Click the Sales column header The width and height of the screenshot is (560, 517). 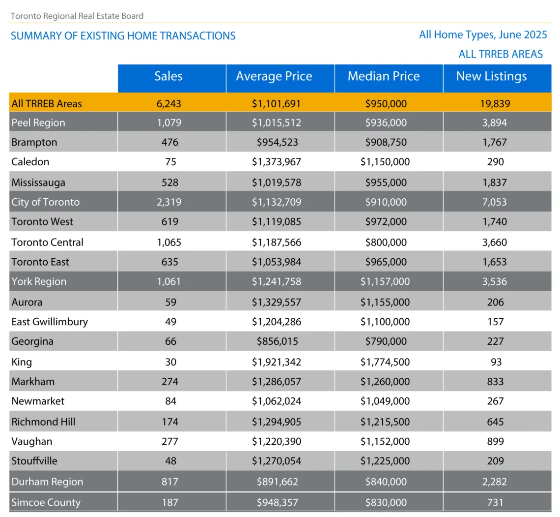click(x=168, y=76)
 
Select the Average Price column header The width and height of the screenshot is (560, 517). click(x=274, y=77)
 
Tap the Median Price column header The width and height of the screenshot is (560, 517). click(x=384, y=76)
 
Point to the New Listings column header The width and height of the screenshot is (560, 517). click(x=491, y=77)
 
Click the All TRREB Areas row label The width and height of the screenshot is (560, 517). click(x=47, y=104)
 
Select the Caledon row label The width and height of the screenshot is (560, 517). click(x=30, y=162)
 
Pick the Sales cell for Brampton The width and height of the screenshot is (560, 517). click(x=169, y=142)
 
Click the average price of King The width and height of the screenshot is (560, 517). click(x=277, y=362)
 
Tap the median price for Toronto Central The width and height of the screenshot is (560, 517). click(x=386, y=243)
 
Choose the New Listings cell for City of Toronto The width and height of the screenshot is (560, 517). click(x=495, y=202)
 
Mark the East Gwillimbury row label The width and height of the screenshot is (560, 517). click(x=50, y=322)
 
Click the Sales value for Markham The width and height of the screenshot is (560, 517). click(x=169, y=382)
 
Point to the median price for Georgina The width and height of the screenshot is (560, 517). click(x=386, y=341)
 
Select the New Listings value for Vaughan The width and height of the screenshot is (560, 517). click(x=495, y=441)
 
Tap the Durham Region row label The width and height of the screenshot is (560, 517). click(x=47, y=482)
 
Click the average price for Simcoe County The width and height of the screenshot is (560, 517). click(x=278, y=503)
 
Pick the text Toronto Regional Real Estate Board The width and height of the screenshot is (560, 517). click(x=77, y=16)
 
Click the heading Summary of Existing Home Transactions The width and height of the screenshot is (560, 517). click(x=123, y=36)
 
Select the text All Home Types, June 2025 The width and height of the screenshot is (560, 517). click(x=483, y=35)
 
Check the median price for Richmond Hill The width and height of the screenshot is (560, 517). click(x=385, y=422)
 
